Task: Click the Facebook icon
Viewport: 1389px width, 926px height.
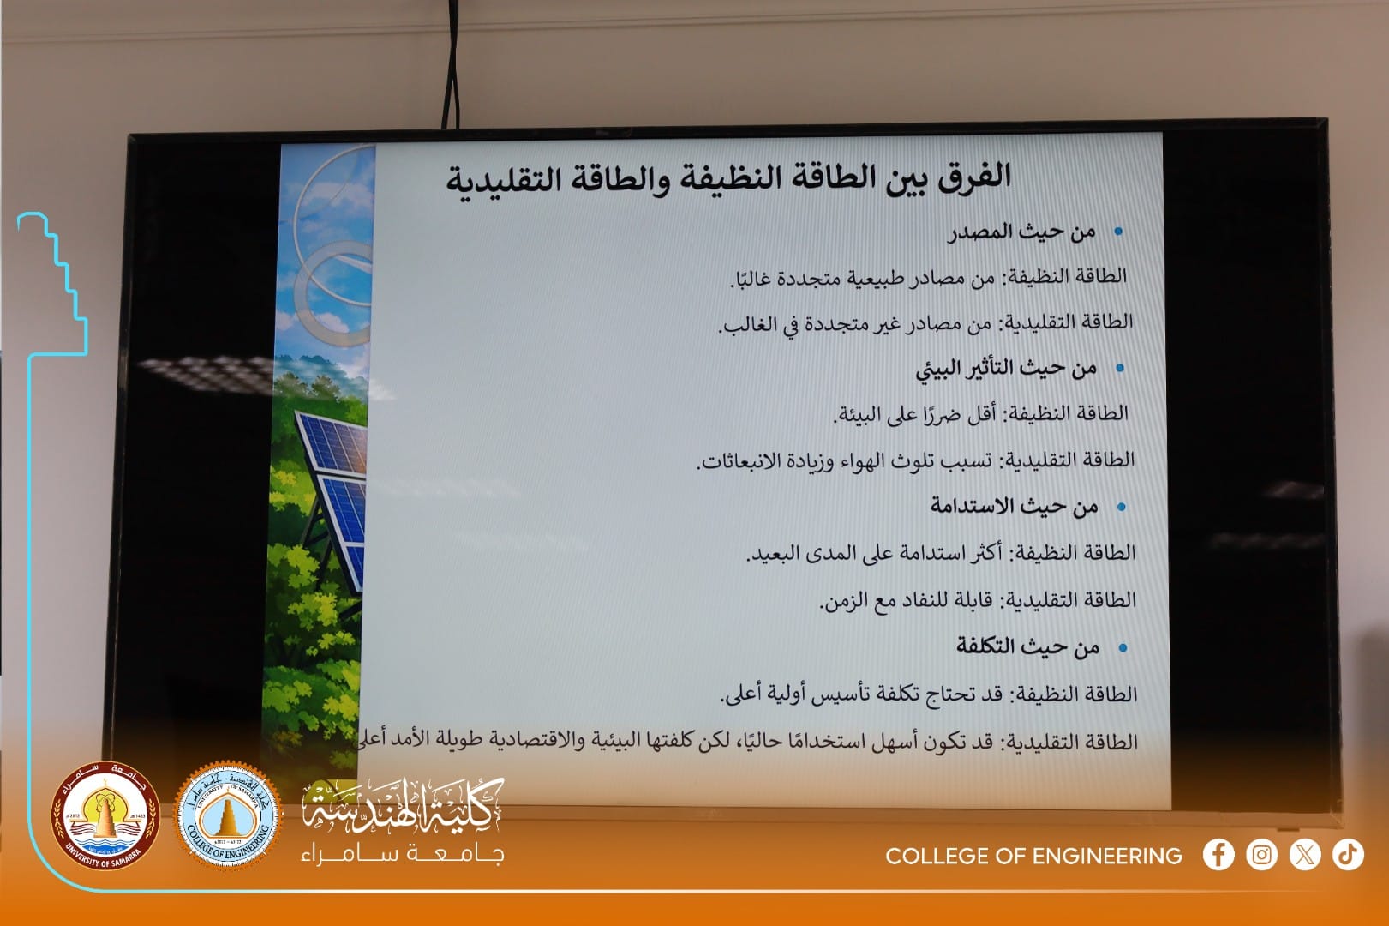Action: point(1218,855)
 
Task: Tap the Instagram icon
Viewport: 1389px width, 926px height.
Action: point(1262,855)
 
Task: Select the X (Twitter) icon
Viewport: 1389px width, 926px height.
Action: point(1305,855)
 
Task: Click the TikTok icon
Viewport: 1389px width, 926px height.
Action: point(1348,855)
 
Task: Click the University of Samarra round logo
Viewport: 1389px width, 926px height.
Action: point(105,815)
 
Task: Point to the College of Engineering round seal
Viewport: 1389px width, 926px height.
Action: point(227,815)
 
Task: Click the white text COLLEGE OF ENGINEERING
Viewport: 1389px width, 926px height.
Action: point(1033,857)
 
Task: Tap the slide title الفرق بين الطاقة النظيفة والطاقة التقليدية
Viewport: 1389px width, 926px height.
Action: point(728,178)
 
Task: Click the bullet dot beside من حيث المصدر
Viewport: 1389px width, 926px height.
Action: point(1118,231)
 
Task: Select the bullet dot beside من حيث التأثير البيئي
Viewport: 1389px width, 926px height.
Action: point(1120,368)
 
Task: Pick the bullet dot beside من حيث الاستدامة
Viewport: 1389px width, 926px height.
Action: point(1121,507)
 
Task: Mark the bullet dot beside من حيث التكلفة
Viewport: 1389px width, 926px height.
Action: point(1123,648)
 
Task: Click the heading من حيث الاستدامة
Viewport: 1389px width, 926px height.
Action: point(1014,507)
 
